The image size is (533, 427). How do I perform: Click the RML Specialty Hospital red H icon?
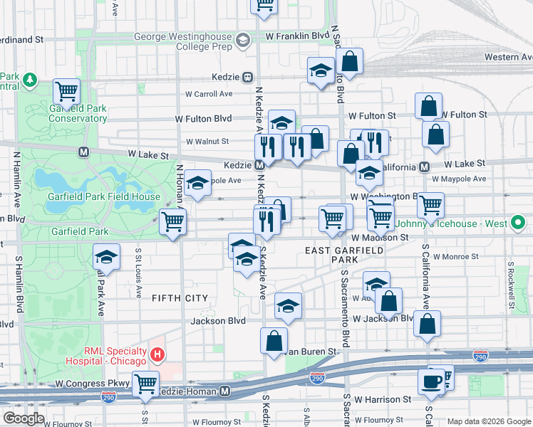pos(158,353)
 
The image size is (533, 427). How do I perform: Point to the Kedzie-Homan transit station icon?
pos(225,391)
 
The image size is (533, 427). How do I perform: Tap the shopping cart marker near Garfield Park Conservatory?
pos(66,90)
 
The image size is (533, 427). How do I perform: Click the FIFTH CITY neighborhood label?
pos(180,298)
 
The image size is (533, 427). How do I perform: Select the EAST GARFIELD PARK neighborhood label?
pos(344,255)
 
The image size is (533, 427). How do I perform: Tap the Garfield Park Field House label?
pos(104,196)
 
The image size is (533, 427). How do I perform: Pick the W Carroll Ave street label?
pos(209,93)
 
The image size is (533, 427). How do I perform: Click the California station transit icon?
pos(424,167)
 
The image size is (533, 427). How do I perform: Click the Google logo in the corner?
pos(24,418)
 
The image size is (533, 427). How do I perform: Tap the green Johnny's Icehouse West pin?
pos(519,224)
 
